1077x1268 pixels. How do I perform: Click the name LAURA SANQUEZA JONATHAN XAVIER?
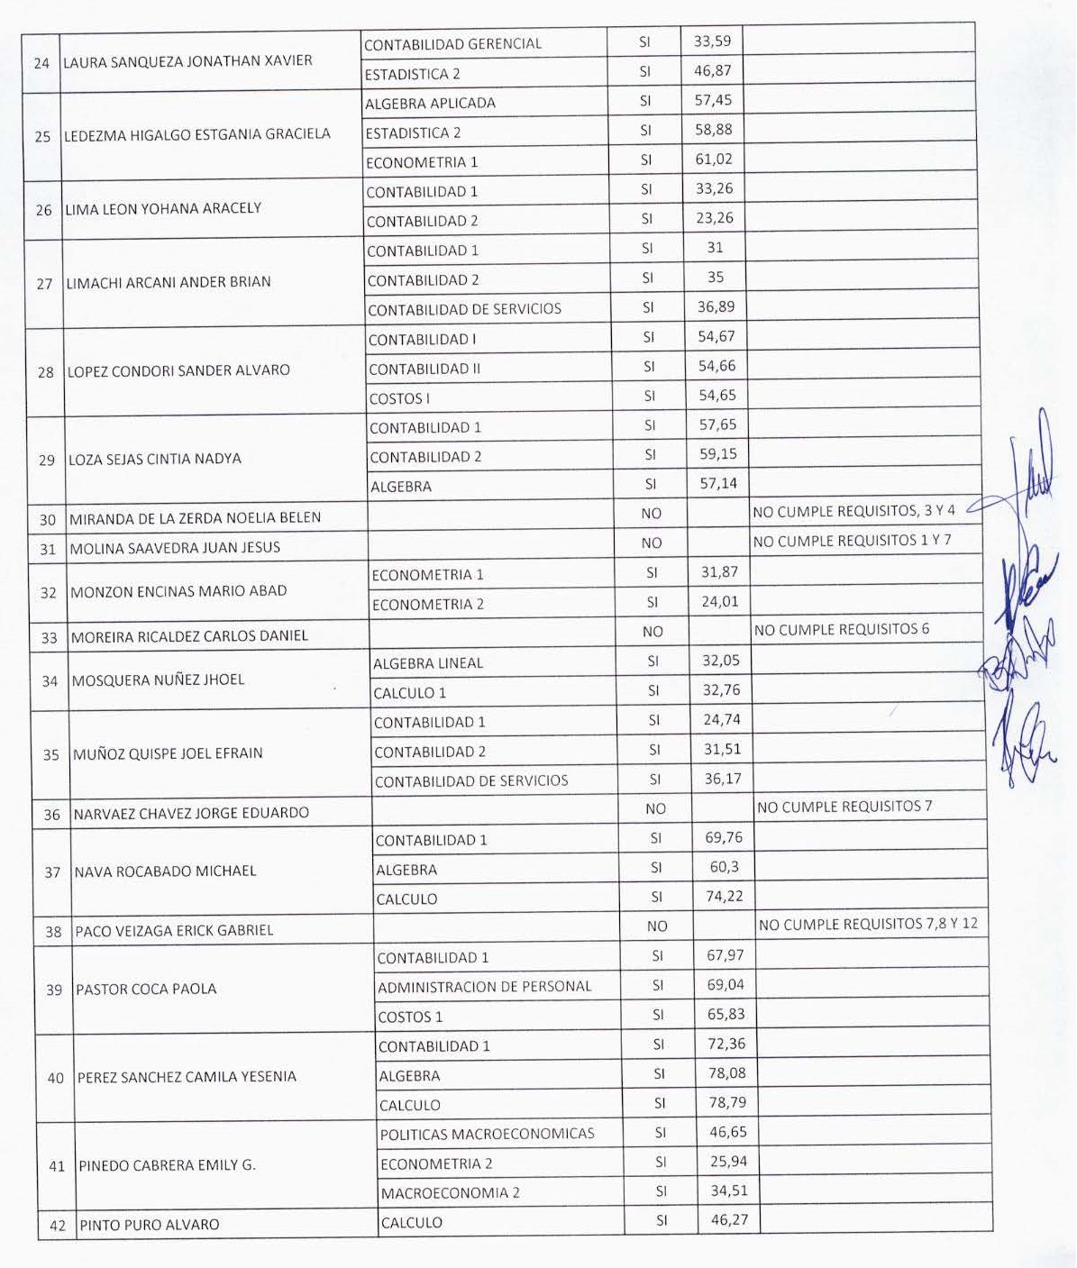tap(187, 61)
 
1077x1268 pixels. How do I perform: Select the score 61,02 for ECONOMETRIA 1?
tap(714, 160)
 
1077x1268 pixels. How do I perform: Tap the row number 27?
tap(44, 283)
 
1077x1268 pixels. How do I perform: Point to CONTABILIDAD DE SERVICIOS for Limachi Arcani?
tap(464, 309)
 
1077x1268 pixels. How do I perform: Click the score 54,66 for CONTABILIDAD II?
tap(716, 366)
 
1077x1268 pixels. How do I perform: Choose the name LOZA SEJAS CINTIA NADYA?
tap(155, 459)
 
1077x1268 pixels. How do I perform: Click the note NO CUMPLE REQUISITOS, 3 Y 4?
tap(853, 511)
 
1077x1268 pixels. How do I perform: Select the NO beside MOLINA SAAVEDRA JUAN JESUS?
tap(652, 543)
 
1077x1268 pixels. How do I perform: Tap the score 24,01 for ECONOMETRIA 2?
tap(719, 601)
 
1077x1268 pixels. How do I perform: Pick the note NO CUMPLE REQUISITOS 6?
tap(842, 629)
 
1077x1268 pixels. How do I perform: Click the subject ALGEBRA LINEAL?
tap(428, 663)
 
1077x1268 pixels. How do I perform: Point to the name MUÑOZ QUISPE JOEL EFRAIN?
tap(168, 753)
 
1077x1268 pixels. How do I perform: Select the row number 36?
tap(52, 815)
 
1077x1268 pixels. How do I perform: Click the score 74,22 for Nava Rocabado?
tap(725, 896)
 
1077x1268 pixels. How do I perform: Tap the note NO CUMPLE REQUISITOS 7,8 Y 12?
tap(868, 924)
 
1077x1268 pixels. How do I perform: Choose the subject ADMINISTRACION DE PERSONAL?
tap(485, 987)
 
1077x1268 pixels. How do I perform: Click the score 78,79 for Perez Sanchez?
tap(727, 1102)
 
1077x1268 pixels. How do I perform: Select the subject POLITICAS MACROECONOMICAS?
tap(487, 1134)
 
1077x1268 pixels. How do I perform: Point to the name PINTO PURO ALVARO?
tap(150, 1225)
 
